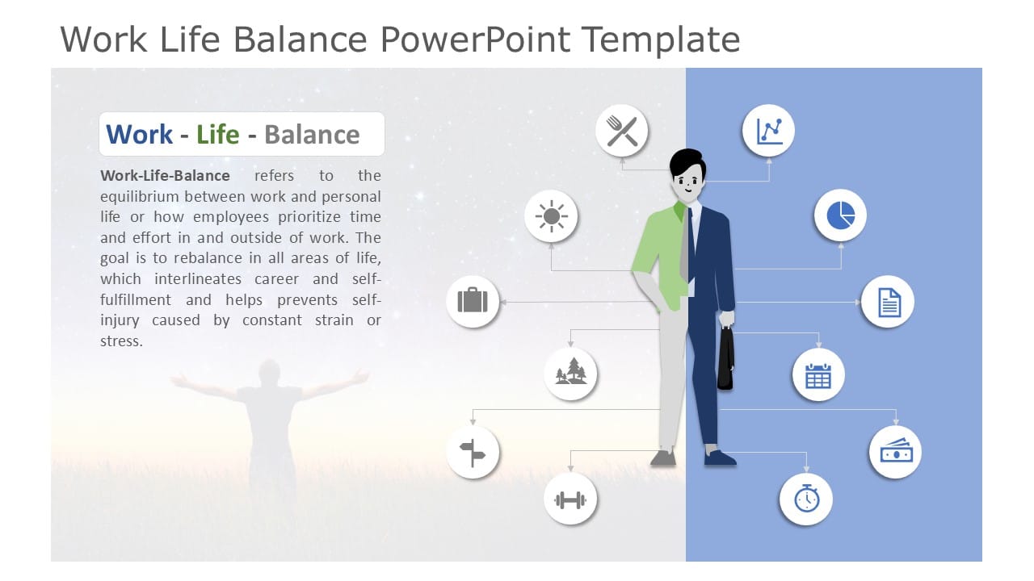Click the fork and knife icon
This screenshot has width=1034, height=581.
[622, 131]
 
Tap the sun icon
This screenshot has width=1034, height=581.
[551, 216]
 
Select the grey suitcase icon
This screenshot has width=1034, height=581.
[473, 302]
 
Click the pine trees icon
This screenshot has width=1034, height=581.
[570, 374]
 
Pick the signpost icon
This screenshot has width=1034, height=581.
[473, 453]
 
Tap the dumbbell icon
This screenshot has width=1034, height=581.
[570, 499]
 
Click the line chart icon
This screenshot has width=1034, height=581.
[768, 131]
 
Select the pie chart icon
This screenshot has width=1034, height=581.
[840, 215]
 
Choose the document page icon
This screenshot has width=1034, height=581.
[888, 302]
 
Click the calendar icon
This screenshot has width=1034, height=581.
[818, 375]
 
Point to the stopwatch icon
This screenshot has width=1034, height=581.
[805, 499]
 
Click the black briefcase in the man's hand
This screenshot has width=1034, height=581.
[725, 359]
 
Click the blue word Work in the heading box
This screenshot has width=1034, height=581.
[139, 134]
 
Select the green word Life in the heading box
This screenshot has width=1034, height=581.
[217, 134]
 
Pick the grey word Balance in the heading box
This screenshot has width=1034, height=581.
[312, 134]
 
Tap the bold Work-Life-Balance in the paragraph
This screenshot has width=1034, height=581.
[165, 176]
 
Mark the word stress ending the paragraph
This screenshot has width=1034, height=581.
[120, 341]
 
